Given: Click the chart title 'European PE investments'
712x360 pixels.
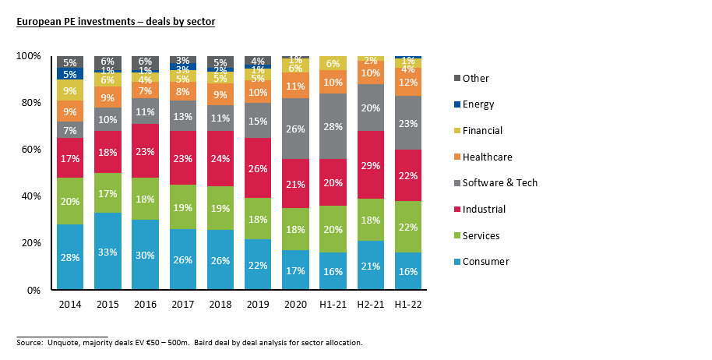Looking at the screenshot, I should coord(116,22).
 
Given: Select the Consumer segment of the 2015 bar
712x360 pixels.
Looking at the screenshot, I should coord(108,251).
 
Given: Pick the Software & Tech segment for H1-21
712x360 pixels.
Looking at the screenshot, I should coord(333,126).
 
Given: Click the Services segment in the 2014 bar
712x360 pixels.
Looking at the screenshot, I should coord(70,201).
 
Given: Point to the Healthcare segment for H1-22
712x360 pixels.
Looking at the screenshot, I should coord(407,82).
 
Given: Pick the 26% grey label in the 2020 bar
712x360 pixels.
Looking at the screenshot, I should coord(295,129).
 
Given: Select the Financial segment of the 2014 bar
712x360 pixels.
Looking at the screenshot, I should coord(70,90).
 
